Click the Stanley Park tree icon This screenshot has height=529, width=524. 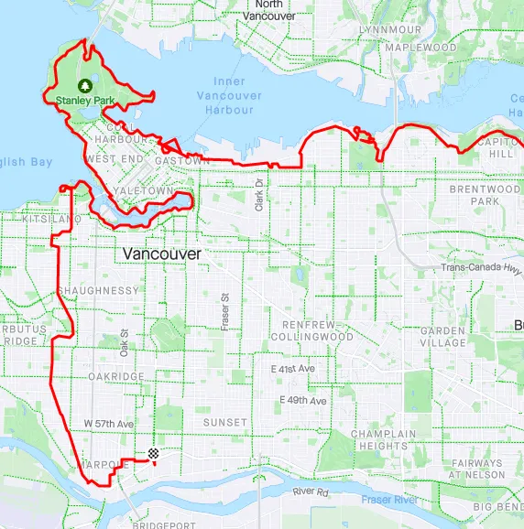point(84,84)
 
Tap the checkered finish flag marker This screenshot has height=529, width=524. point(154,453)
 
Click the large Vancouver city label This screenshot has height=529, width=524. point(161,253)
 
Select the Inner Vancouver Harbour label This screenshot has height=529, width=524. point(224,95)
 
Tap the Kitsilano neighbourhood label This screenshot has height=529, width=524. point(40,220)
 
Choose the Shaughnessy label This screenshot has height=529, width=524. point(98,290)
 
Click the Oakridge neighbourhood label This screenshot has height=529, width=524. point(116,376)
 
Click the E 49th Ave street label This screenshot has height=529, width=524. point(304,401)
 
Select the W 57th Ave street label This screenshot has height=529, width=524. point(109,424)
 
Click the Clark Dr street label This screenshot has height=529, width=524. point(259,194)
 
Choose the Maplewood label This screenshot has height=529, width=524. point(420,47)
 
